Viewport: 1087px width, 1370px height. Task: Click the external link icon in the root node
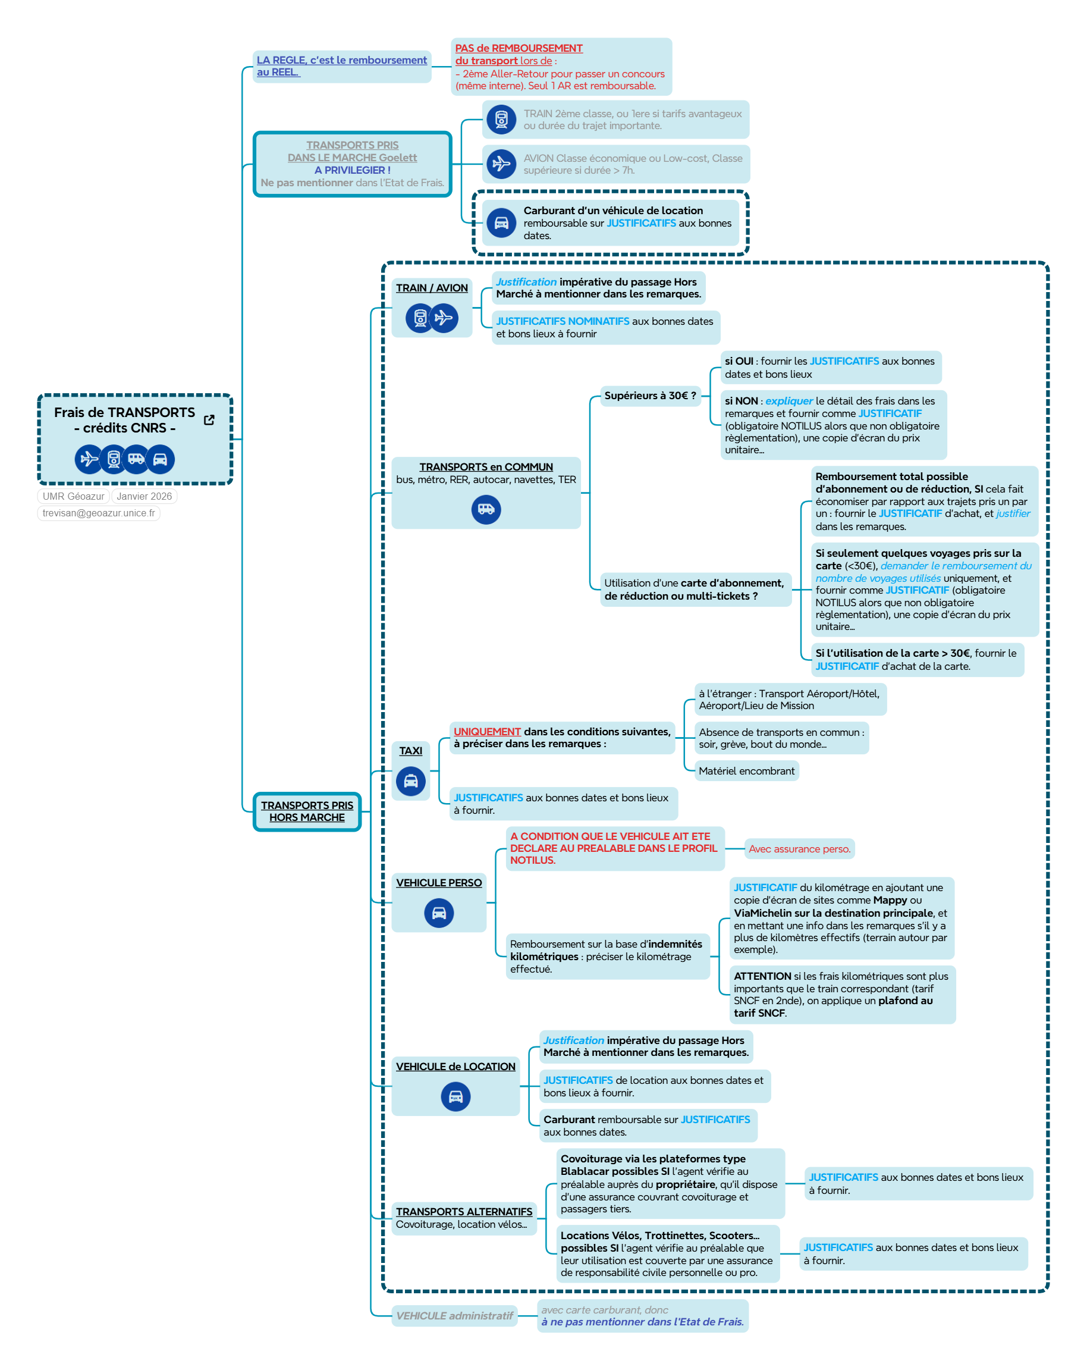coord(208,420)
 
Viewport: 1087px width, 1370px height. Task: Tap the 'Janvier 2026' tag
coord(144,496)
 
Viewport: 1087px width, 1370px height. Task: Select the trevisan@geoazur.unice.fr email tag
coord(99,513)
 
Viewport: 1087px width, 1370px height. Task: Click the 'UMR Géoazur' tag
coord(73,496)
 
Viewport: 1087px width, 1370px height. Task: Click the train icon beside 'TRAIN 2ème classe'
coord(501,120)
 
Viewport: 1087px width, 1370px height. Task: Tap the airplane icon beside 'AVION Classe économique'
coord(501,164)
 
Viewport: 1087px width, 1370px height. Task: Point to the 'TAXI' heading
coord(410,751)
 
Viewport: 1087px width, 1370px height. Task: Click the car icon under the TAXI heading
coord(410,781)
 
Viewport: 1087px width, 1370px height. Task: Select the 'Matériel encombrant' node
coord(746,771)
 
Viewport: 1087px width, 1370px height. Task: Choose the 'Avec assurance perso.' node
coord(799,849)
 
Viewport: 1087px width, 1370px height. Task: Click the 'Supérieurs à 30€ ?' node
coord(650,395)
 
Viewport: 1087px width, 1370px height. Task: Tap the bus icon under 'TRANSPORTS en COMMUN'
coord(486,509)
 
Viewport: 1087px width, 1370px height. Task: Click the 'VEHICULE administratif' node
coord(454,1315)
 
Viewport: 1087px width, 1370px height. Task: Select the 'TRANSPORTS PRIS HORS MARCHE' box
coord(307,811)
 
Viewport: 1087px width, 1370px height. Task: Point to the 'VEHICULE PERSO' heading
coord(439,883)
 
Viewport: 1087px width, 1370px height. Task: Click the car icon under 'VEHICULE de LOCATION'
coord(455,1097)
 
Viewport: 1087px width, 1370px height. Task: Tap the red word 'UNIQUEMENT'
coord(486,731)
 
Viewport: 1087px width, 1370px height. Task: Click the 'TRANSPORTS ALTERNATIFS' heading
coord(464,1212)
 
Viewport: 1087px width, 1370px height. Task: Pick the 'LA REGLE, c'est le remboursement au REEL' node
coord(341,66)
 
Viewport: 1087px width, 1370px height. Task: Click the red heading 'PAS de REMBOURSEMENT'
coord(519,48)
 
